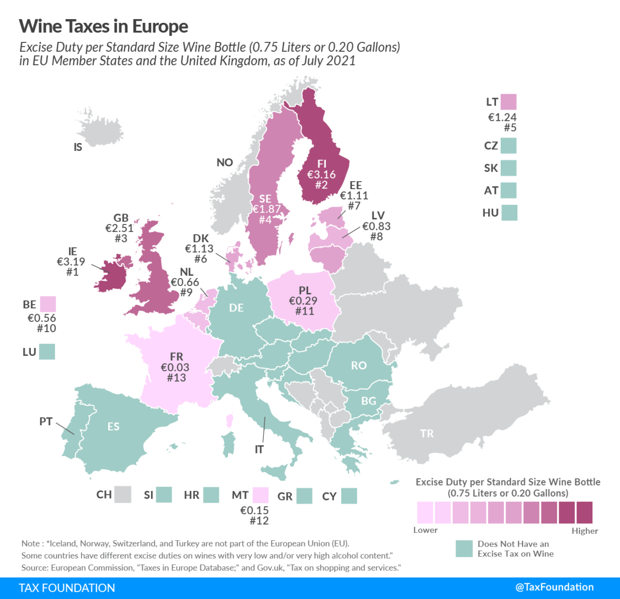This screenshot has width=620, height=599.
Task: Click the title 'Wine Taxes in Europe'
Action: tap(103, 26)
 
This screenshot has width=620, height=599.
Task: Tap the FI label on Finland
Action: tap(322, 164)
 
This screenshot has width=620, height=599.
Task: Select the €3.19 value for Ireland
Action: tap(71, 262)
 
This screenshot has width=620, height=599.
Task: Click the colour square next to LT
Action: tap(508, 102)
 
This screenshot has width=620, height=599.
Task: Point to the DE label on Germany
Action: tap(236, 308)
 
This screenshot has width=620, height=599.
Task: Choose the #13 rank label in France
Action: tap(176, 378)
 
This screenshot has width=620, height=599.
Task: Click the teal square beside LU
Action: tap(47, 352)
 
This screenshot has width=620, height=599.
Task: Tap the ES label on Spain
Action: tap(113, 426)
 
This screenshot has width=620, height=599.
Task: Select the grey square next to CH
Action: tap(123, 495)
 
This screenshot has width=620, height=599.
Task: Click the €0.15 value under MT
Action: tap(254, 510)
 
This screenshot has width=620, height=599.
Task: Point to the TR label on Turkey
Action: tap(427, 434)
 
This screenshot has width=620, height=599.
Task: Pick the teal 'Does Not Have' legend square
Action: tap(464, 549)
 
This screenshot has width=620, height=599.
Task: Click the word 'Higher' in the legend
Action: tap(584, 531)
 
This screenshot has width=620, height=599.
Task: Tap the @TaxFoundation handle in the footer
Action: tap(554, 587)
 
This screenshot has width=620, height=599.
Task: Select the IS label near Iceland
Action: tap(78, 147)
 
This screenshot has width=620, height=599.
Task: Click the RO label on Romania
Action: tap(359, 365)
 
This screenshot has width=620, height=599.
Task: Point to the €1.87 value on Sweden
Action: tap(267, 209)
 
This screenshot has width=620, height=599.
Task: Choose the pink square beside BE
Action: tap(48, 304)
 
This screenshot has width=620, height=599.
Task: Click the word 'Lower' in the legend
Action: tap(426, 530)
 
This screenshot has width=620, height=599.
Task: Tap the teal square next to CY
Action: tap(349, 496)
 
